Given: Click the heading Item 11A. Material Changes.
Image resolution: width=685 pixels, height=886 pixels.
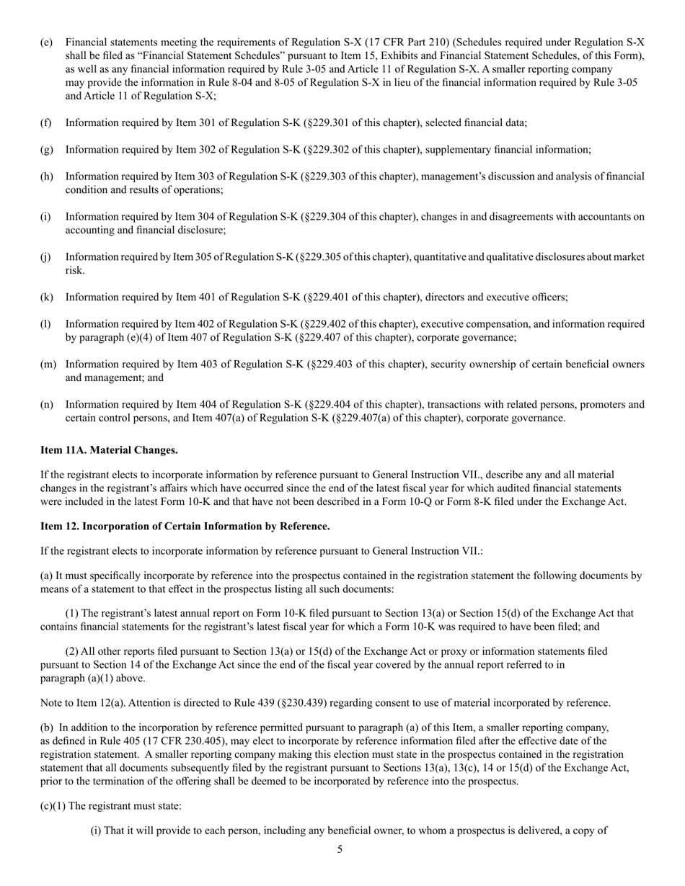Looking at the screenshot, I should [109, 450].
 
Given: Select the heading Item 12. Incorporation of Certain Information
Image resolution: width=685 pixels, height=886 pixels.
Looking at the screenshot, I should [185, 527].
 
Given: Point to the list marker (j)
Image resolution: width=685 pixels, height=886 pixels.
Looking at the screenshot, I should [45, 257].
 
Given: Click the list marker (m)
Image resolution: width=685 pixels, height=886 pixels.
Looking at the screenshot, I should [48, 364].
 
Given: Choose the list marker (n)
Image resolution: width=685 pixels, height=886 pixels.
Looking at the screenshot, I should [46, 405].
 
